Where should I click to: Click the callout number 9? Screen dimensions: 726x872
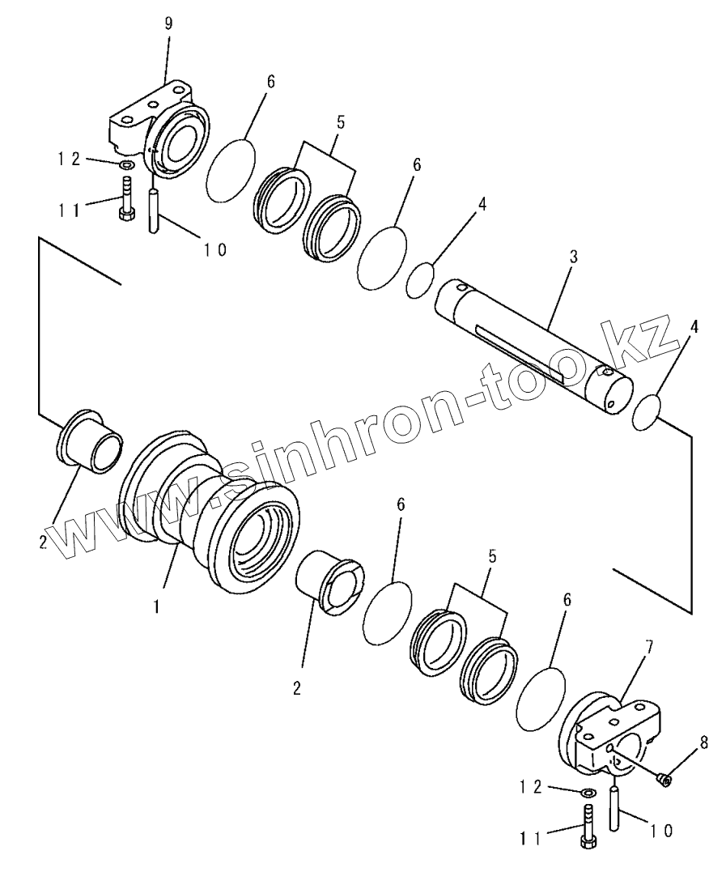168,23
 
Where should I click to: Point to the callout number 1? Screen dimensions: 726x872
156,603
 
